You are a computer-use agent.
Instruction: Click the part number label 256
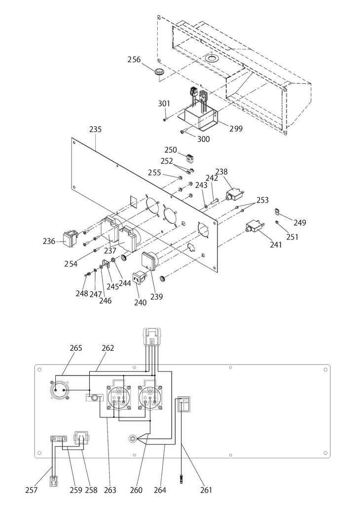click(x=134, y=60)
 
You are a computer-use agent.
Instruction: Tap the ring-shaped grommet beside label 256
click(x=160, y=72)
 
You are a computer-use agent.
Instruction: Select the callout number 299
click(x=236, y=129)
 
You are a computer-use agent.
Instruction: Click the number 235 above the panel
click(x=95, y=129)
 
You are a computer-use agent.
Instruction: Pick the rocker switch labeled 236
click(x=71, y=239)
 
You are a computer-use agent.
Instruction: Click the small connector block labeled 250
click(x=190, y=158)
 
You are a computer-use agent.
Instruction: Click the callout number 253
click(x=262, y=200)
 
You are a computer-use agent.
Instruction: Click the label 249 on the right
click(x=299, y=223)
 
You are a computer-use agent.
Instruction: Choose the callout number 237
click(x=110, y=250)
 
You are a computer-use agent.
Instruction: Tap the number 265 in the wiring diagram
click(x=76, y=348)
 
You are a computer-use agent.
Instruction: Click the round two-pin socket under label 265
click(x=60, y=390)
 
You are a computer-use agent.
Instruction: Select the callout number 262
click(x=108, y=348)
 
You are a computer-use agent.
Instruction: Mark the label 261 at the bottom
click(x=206, y=490)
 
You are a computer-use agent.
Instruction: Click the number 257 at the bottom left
click(x=32, y=490)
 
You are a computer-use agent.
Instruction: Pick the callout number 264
click(x=160, y=490)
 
